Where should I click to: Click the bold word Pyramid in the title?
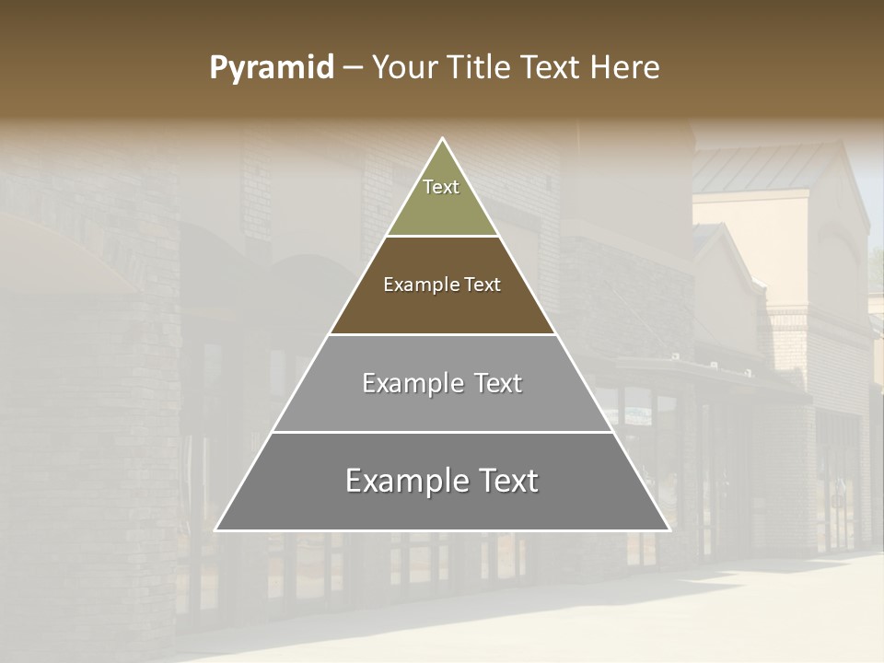point(271,68)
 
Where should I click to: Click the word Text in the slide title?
point(552,68)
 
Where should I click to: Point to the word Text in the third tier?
point(498,383)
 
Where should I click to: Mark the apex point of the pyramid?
point(442,139)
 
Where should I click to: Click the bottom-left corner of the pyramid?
point(216,529)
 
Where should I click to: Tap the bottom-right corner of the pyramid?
point(669,529)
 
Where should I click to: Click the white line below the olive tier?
point(442,237)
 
